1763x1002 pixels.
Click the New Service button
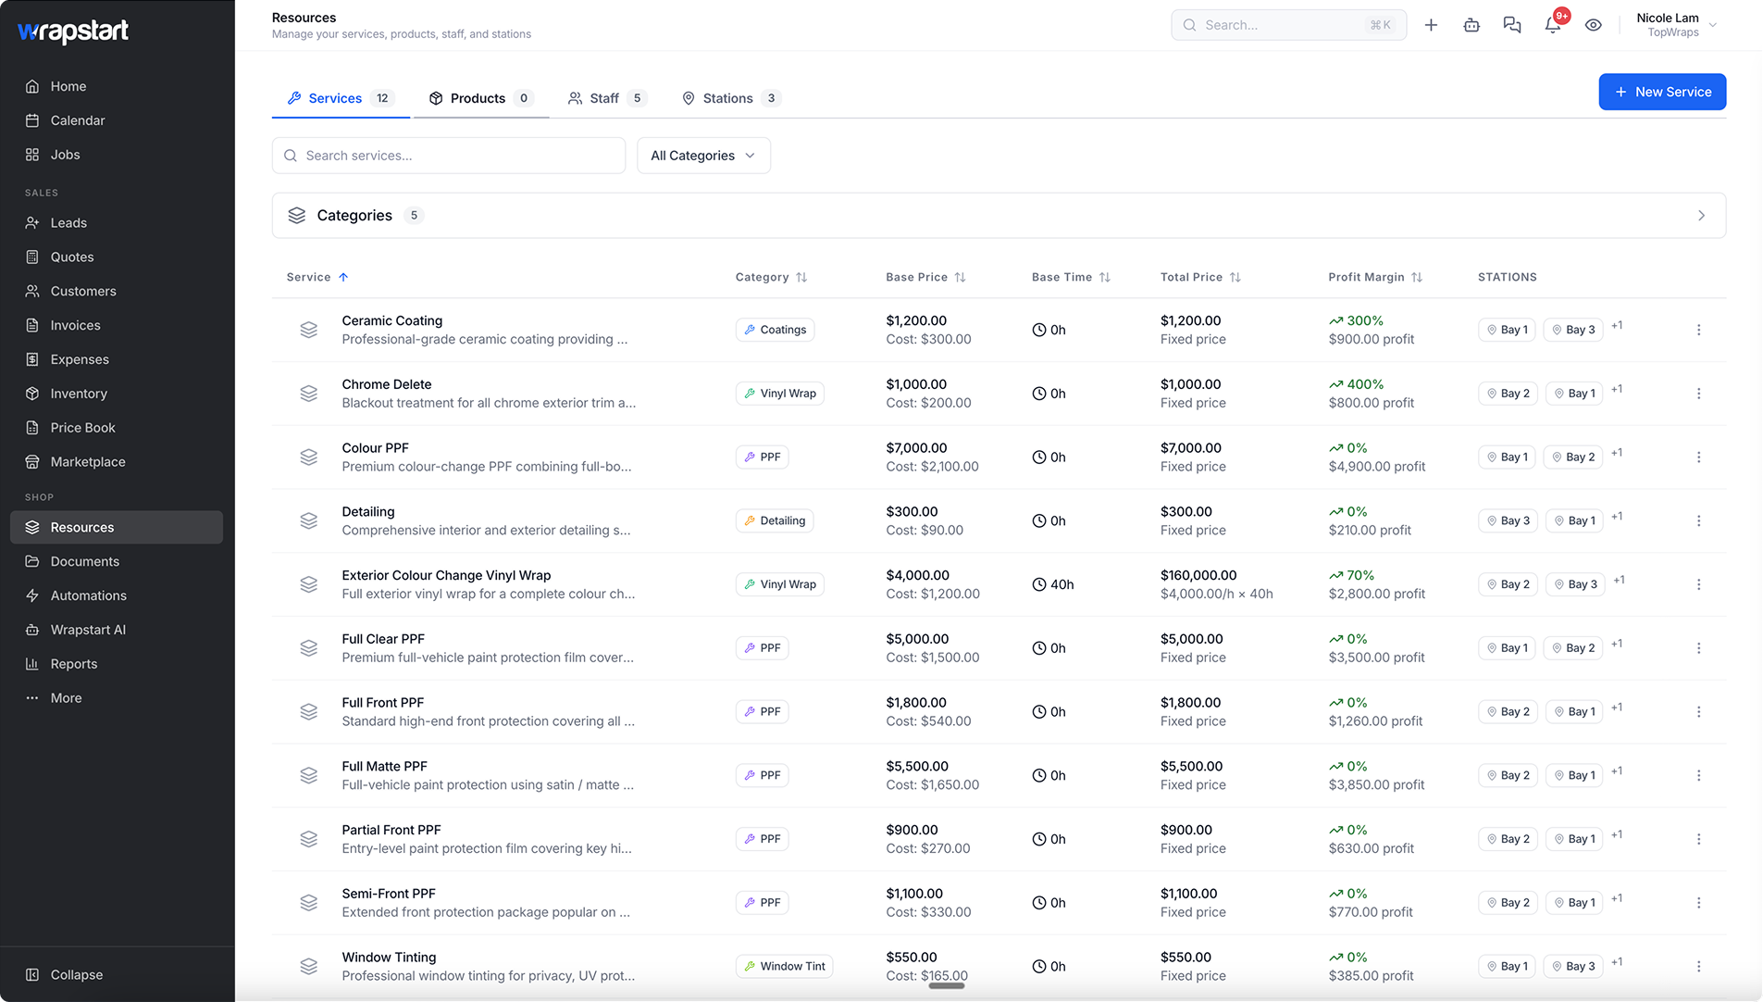[x=1662, y=92]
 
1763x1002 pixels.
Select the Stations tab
[x=731, y=98]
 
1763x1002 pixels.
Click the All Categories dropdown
[x=703, y=156]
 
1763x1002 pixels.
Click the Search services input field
[x=449, y=156]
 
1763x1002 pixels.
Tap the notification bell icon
[x=1553, y=25]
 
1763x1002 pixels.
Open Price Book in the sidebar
[x=82, y=428]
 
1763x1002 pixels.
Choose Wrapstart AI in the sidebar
[x=88, y=630]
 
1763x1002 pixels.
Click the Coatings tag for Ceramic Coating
[x=775, y=330]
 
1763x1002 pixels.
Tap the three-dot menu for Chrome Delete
[x=1698, y=394]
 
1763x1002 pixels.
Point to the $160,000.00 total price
[x=1198, y=575]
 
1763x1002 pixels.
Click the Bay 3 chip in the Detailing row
[x=1508, y=520]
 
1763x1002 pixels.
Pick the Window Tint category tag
[x=785, y=966]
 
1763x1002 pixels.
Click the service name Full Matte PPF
[x=384, y=766]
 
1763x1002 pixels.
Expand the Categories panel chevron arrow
[x=1701, y=216]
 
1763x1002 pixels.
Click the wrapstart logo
[x=73, y=31]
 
